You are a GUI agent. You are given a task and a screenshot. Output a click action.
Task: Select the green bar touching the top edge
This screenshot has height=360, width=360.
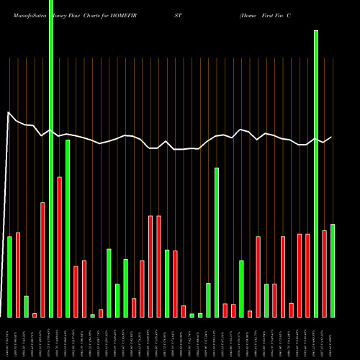[51, 144]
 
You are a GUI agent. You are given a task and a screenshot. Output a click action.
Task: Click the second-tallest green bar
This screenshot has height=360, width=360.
[315, 173]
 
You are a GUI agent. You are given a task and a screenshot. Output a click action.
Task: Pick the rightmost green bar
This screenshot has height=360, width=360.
[332, 270]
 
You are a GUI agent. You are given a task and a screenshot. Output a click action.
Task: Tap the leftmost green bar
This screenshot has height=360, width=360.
[10, 276]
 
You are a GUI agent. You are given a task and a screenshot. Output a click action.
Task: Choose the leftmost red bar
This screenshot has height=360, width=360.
[18, 274]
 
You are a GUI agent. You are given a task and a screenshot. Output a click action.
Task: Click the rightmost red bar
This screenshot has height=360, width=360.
[324, 274]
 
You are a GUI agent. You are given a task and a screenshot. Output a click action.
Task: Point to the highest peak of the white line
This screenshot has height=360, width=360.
[9, 113]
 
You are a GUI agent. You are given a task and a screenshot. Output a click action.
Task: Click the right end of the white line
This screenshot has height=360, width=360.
[331, 137]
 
